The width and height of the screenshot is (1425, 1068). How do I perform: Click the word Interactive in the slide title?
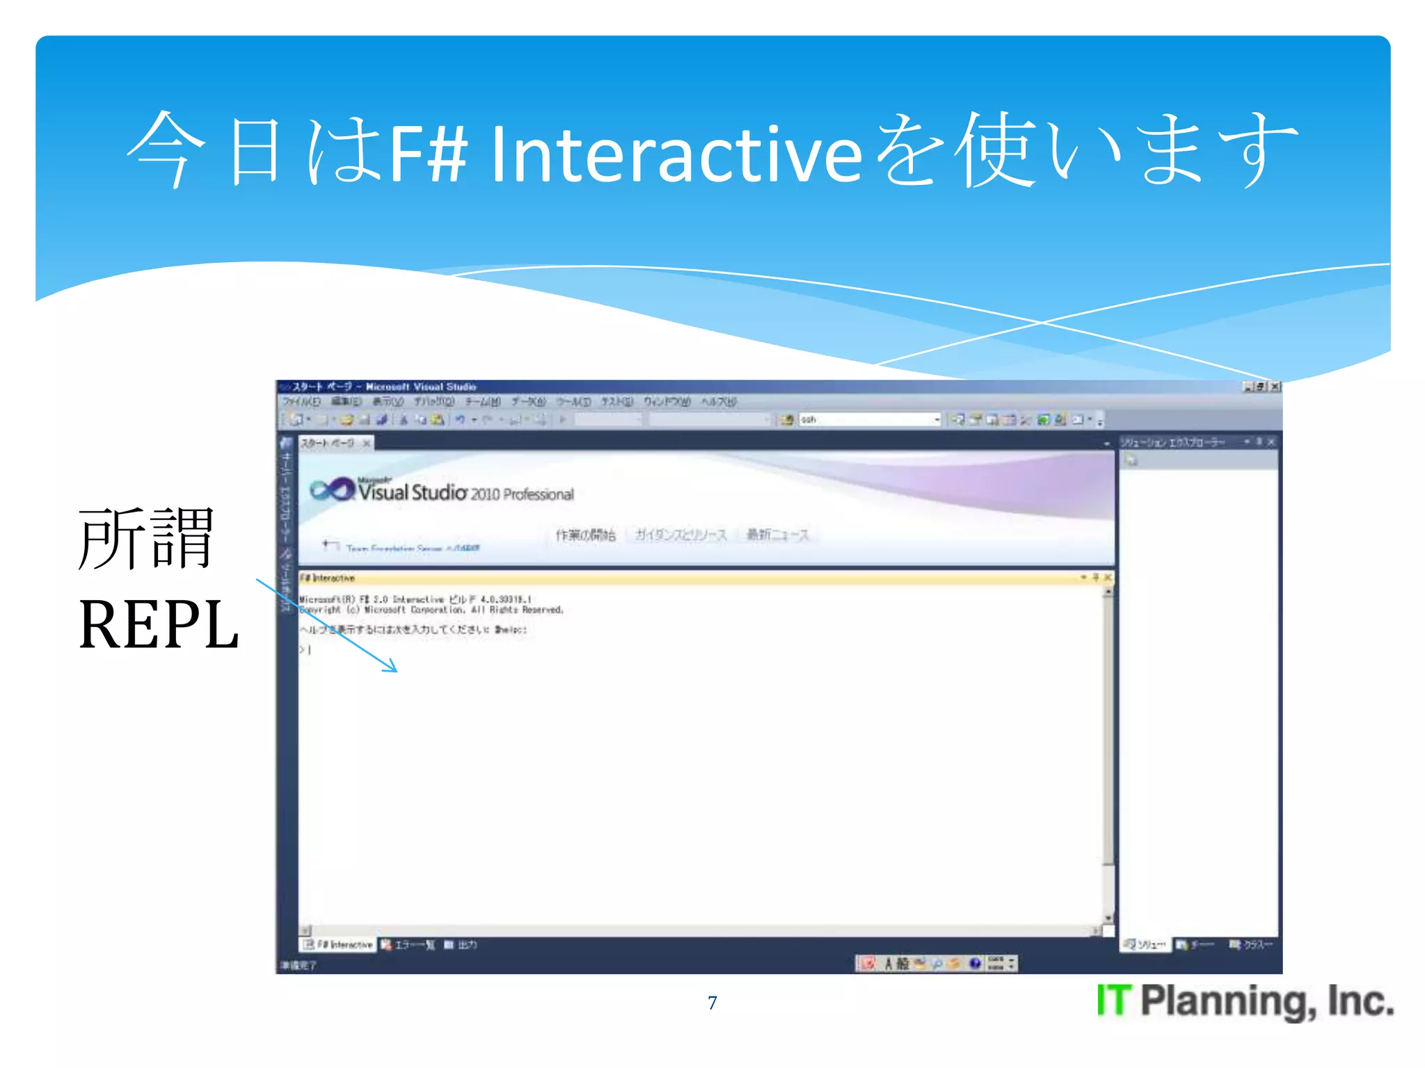tap(676, 154)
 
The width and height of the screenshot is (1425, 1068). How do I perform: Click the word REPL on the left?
tap(159, 625)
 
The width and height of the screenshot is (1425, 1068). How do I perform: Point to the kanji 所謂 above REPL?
tap(145, 539)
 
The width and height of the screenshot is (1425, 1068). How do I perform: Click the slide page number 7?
tap(712, 1003)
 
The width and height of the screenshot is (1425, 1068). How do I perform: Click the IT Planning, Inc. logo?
tap(1244, 1001)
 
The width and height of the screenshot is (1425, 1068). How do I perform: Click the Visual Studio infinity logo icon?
tap(331, 489)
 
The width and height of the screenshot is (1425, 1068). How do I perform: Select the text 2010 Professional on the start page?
tap(522, 494)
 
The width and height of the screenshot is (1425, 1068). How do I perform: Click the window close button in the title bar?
tap(1275, 387)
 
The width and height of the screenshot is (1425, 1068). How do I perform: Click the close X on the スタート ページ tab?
tap(367, 443)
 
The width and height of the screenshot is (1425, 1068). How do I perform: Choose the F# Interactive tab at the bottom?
tap(339, 944)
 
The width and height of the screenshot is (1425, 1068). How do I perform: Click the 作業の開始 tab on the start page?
tap(585, 535)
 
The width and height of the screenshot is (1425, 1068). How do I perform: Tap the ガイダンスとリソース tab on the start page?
tap(680, 535)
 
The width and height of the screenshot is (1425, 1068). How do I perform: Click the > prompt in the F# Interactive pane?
tap(302, 649)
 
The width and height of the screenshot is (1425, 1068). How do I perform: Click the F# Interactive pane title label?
tap(328, 578)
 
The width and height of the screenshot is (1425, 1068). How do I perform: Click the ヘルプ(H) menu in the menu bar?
tap(718, 402)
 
